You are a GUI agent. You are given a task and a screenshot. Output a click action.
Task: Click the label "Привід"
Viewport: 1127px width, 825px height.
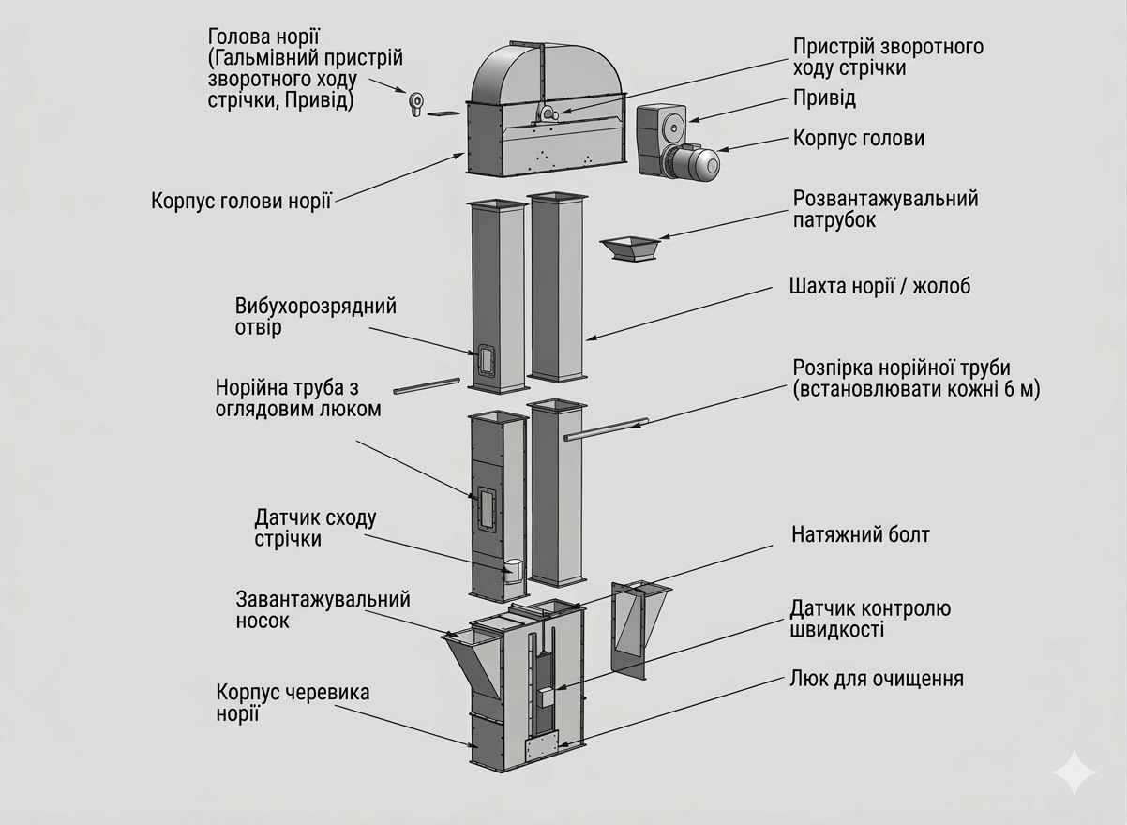click(824, 97)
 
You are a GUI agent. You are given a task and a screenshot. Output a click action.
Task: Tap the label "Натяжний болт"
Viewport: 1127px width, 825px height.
click(860, 535)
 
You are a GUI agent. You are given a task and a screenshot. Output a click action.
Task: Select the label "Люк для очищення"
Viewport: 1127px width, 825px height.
click(877, 678)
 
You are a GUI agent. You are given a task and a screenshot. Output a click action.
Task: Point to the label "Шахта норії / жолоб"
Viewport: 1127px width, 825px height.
click(880, 286)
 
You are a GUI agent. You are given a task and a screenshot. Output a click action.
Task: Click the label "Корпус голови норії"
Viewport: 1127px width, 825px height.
click(241, 202)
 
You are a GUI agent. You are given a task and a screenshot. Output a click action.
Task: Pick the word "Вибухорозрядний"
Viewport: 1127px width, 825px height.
click(315, 307)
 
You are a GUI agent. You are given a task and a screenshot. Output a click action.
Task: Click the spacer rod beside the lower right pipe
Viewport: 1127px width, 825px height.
click(605, 428)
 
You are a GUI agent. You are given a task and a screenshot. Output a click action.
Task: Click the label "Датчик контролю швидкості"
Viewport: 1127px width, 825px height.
click(869, 619)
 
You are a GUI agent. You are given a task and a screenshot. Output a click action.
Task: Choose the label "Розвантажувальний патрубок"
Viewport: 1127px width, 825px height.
click(885, 209)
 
